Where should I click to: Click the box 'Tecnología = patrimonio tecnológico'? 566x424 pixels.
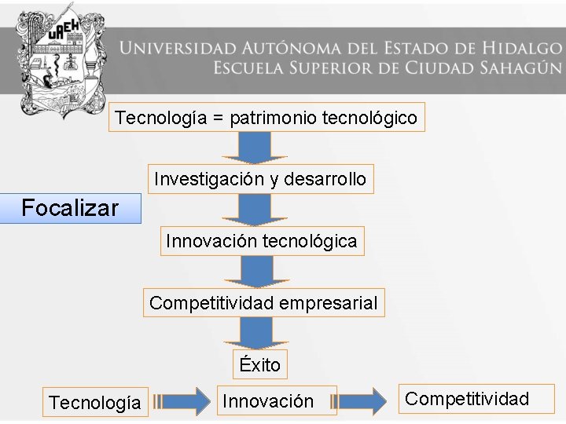pos(266,118)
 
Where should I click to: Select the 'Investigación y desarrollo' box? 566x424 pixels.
pos(260,179)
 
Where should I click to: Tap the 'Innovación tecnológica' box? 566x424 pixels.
pos(261,241)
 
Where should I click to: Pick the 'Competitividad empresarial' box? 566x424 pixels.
pos(263,302)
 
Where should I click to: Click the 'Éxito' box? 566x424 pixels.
pos(260,364)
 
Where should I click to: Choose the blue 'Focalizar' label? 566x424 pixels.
pos(70,208)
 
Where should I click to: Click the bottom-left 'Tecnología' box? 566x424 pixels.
pos(95,403)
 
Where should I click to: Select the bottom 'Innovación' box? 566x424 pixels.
pos(268,401)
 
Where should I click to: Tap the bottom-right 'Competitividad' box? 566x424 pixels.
pos(467,399)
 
